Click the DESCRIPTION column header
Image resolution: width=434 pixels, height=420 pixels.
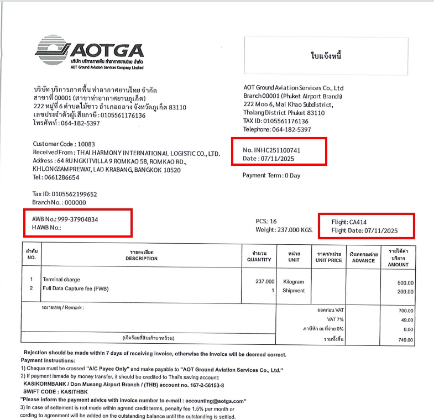[145, 259]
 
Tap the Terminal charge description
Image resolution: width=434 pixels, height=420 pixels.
[61, 280]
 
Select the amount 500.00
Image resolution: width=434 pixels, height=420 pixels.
[405, 282]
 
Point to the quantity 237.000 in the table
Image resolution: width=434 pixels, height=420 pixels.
[264, 281]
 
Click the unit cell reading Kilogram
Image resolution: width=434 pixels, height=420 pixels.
[294, 281]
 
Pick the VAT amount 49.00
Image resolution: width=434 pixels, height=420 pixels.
[406, 320]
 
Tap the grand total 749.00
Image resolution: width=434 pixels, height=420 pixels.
[405, 340]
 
